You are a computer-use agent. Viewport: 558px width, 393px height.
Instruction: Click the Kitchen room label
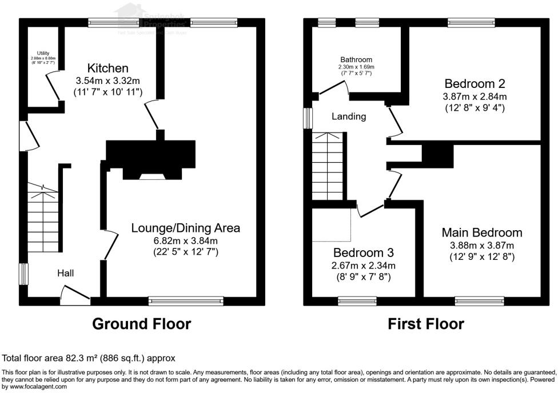(107, 68)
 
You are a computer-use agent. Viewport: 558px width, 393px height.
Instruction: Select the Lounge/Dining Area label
(186, 228)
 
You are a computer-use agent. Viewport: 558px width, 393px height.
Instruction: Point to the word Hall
(65, 274)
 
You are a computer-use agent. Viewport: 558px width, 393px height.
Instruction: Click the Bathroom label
(356, 59)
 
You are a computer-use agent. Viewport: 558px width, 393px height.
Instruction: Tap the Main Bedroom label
(482, 232)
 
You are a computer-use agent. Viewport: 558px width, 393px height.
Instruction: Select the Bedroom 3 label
(364, 252)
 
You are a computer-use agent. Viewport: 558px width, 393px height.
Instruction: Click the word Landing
(349, 117)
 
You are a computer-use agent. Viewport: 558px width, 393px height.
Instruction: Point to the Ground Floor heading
(142, 324)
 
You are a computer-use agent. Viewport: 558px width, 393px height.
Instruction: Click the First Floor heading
(426, 324)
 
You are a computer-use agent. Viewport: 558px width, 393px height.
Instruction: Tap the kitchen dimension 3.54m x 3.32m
(107, 81)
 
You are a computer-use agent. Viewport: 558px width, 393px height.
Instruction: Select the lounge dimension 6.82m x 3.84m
(186, 240)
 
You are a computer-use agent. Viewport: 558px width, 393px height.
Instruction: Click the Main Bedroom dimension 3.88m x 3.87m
(482, 246)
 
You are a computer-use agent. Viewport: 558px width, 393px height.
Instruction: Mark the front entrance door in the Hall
(75, 296)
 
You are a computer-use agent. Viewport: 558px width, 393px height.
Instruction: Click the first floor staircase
(329, 167)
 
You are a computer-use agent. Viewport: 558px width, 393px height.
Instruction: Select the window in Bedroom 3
(357, 298)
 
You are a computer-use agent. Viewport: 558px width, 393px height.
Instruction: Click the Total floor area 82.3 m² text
(89, 358)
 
